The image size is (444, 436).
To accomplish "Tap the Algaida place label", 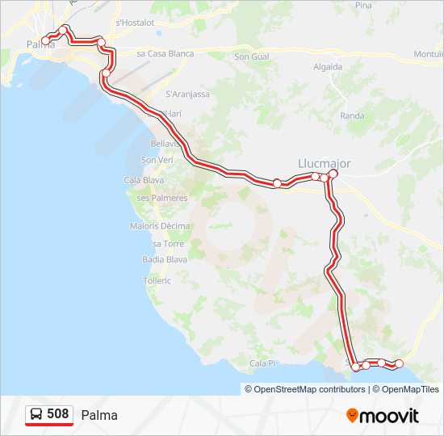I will point(327,67).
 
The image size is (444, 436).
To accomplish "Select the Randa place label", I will point(352,115).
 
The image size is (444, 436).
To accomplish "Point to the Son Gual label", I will point(251,57).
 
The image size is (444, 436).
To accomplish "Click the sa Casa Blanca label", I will point(165,53).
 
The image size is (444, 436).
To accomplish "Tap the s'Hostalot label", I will point(135,23).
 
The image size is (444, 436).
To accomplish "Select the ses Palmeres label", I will point(161,198).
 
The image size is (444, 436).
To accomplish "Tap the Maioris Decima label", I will point(160,226).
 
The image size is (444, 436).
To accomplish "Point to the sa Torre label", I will point(168,243).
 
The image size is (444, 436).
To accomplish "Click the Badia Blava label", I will point(165,259).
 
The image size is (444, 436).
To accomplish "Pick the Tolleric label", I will point(157,281).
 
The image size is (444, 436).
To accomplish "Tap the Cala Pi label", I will point(263,363).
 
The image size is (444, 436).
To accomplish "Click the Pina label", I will point(363,5).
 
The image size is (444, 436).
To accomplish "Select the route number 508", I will point(57,414).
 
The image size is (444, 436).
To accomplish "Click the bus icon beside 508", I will point(36,414).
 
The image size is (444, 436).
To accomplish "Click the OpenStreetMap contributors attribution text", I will point(308,389).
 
